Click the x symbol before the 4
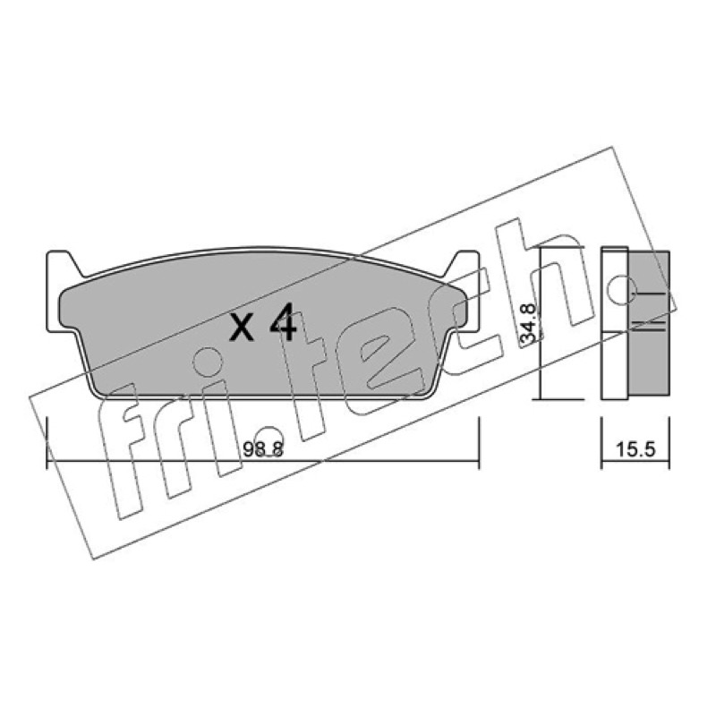tap(242, 328)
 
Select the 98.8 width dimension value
tap(263, 450)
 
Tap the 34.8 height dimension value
tap(528, 323)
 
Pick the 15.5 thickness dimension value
tap(635, 449)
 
